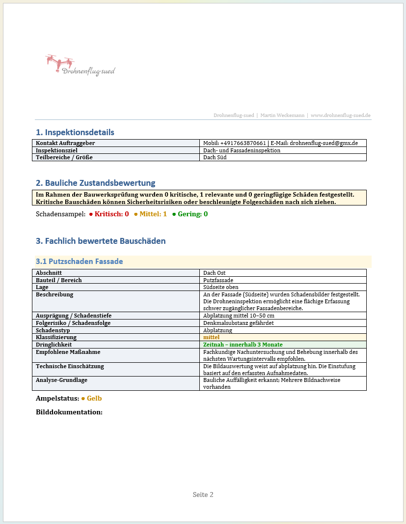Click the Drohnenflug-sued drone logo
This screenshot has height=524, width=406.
click(80, 66)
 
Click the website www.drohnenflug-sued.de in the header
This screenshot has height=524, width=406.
click(340, 115)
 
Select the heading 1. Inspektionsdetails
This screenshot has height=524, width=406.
click(75, 132)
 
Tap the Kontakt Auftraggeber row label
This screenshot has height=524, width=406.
click(65, 143)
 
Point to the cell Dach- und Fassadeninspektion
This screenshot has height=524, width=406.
click(242, 150)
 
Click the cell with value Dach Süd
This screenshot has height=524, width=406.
click(215, 157)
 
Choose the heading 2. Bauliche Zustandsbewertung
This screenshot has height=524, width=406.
click(95, 183)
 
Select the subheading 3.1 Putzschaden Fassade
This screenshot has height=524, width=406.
click(79, 262)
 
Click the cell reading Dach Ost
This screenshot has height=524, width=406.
click(215, 273)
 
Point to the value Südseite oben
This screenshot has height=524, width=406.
click(221, 287)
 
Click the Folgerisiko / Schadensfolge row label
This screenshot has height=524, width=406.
click(73, 323)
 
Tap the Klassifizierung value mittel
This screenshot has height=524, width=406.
click(211, 338)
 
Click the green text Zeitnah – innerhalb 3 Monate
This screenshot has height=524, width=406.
click(243, 345)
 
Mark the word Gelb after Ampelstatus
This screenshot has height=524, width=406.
click(94, 398)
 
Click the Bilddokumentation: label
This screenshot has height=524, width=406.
click(69, 412)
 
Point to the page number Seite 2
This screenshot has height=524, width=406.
click(203, 495)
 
